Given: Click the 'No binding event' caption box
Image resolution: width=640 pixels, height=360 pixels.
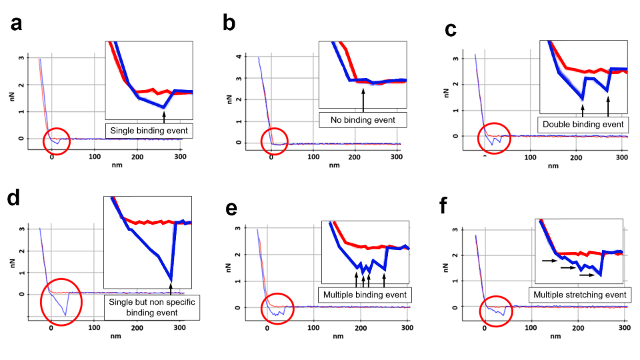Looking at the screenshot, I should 363,120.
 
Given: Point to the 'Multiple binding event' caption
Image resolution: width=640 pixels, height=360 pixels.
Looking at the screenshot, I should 364,295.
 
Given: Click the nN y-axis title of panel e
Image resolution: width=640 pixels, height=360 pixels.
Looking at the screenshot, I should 235,268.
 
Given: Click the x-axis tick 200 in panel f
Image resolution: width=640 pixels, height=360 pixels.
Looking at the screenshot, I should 579,329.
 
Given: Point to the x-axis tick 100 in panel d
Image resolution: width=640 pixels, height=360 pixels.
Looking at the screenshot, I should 94,329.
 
